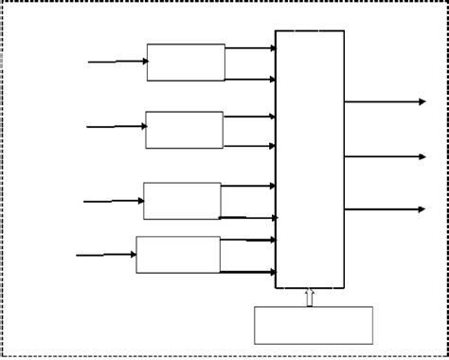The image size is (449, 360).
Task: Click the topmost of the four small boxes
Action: pos(186,63)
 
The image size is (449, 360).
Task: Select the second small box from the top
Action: pos(185,130)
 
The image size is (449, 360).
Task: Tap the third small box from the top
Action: pos(182,201)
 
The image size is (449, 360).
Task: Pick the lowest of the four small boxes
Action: pos(178,255)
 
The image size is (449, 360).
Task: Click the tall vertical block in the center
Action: pos(310,159)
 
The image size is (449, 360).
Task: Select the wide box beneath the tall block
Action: pos(314,325)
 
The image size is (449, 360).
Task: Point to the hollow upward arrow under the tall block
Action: pos(310,297)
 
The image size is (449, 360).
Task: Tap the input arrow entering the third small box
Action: pos(113,201)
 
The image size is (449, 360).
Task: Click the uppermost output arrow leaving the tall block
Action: pos(385,101)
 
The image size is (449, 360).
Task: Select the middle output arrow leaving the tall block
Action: pos(385,156)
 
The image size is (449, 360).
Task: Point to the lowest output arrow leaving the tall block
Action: pos(385,209)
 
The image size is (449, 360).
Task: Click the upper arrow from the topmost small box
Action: pos(250,48)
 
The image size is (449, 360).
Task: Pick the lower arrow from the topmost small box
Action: pos(250,79)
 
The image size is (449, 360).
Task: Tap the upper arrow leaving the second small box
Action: pos(249,117)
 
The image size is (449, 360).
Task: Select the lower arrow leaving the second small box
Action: pos(249,146)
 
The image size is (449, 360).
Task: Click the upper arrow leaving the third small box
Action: pos(248,187)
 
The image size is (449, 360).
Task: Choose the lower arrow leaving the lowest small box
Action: pos(248,272)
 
